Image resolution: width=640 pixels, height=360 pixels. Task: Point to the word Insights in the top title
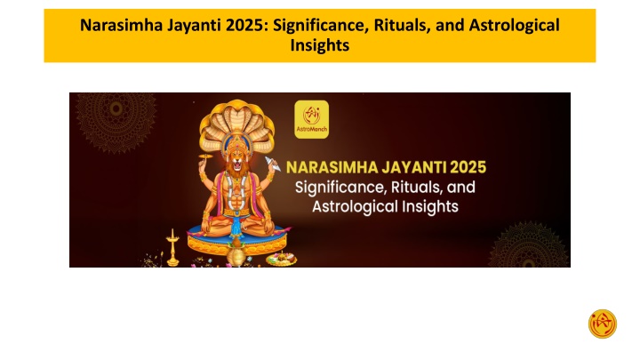point(320,45)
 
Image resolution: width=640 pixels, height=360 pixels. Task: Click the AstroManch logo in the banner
point(310,119)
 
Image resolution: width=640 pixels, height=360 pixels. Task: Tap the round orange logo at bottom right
point(603,324)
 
